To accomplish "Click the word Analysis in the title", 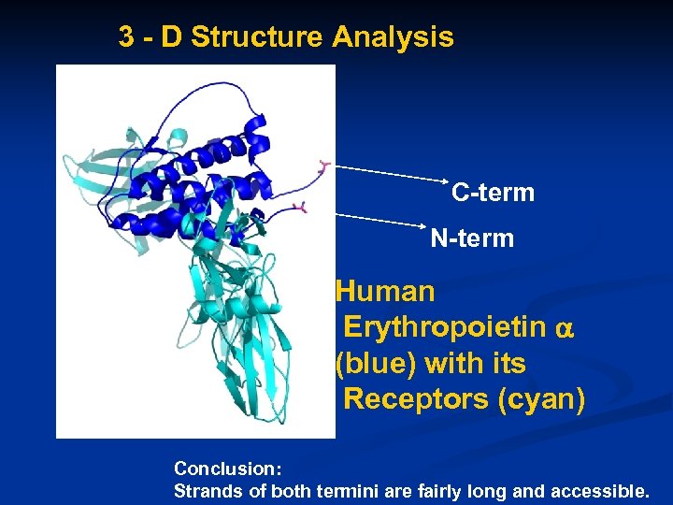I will [392, 37].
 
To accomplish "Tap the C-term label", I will [493, 194].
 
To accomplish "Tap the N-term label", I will [472, 239].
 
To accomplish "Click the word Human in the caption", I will [385, 292].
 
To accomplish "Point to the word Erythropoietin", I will [446, 327].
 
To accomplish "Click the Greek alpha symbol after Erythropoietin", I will [564, 329].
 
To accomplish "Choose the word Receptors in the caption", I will [417, 399].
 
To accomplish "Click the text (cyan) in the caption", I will [542, 399].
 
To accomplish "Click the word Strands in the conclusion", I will [204, 490].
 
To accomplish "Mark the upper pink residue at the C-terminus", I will [323, 166].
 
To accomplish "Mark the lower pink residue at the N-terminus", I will [300, 206].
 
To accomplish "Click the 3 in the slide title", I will [125, 37].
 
